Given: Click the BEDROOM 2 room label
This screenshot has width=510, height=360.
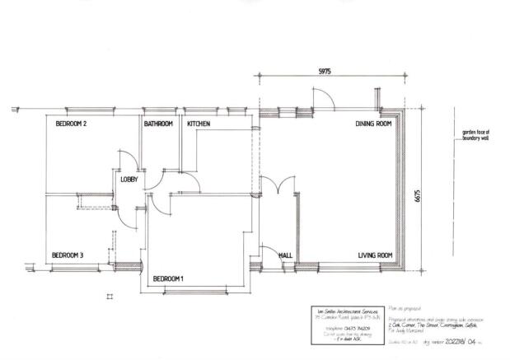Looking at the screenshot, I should [x=71, y=124].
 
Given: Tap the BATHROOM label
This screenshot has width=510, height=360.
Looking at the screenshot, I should [x=158, y=124].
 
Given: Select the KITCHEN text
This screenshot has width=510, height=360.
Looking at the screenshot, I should [x=199, y=124].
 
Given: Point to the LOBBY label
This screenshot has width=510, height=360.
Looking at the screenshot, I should [x=129, y=180].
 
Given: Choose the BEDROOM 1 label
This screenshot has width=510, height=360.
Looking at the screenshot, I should [x=169, y=278].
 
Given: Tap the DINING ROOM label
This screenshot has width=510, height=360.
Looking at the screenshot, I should [x=373, y=124].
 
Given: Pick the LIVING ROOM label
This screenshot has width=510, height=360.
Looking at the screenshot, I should [x=374, y=255].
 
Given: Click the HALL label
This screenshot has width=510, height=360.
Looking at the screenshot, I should [x=286, y=255].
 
